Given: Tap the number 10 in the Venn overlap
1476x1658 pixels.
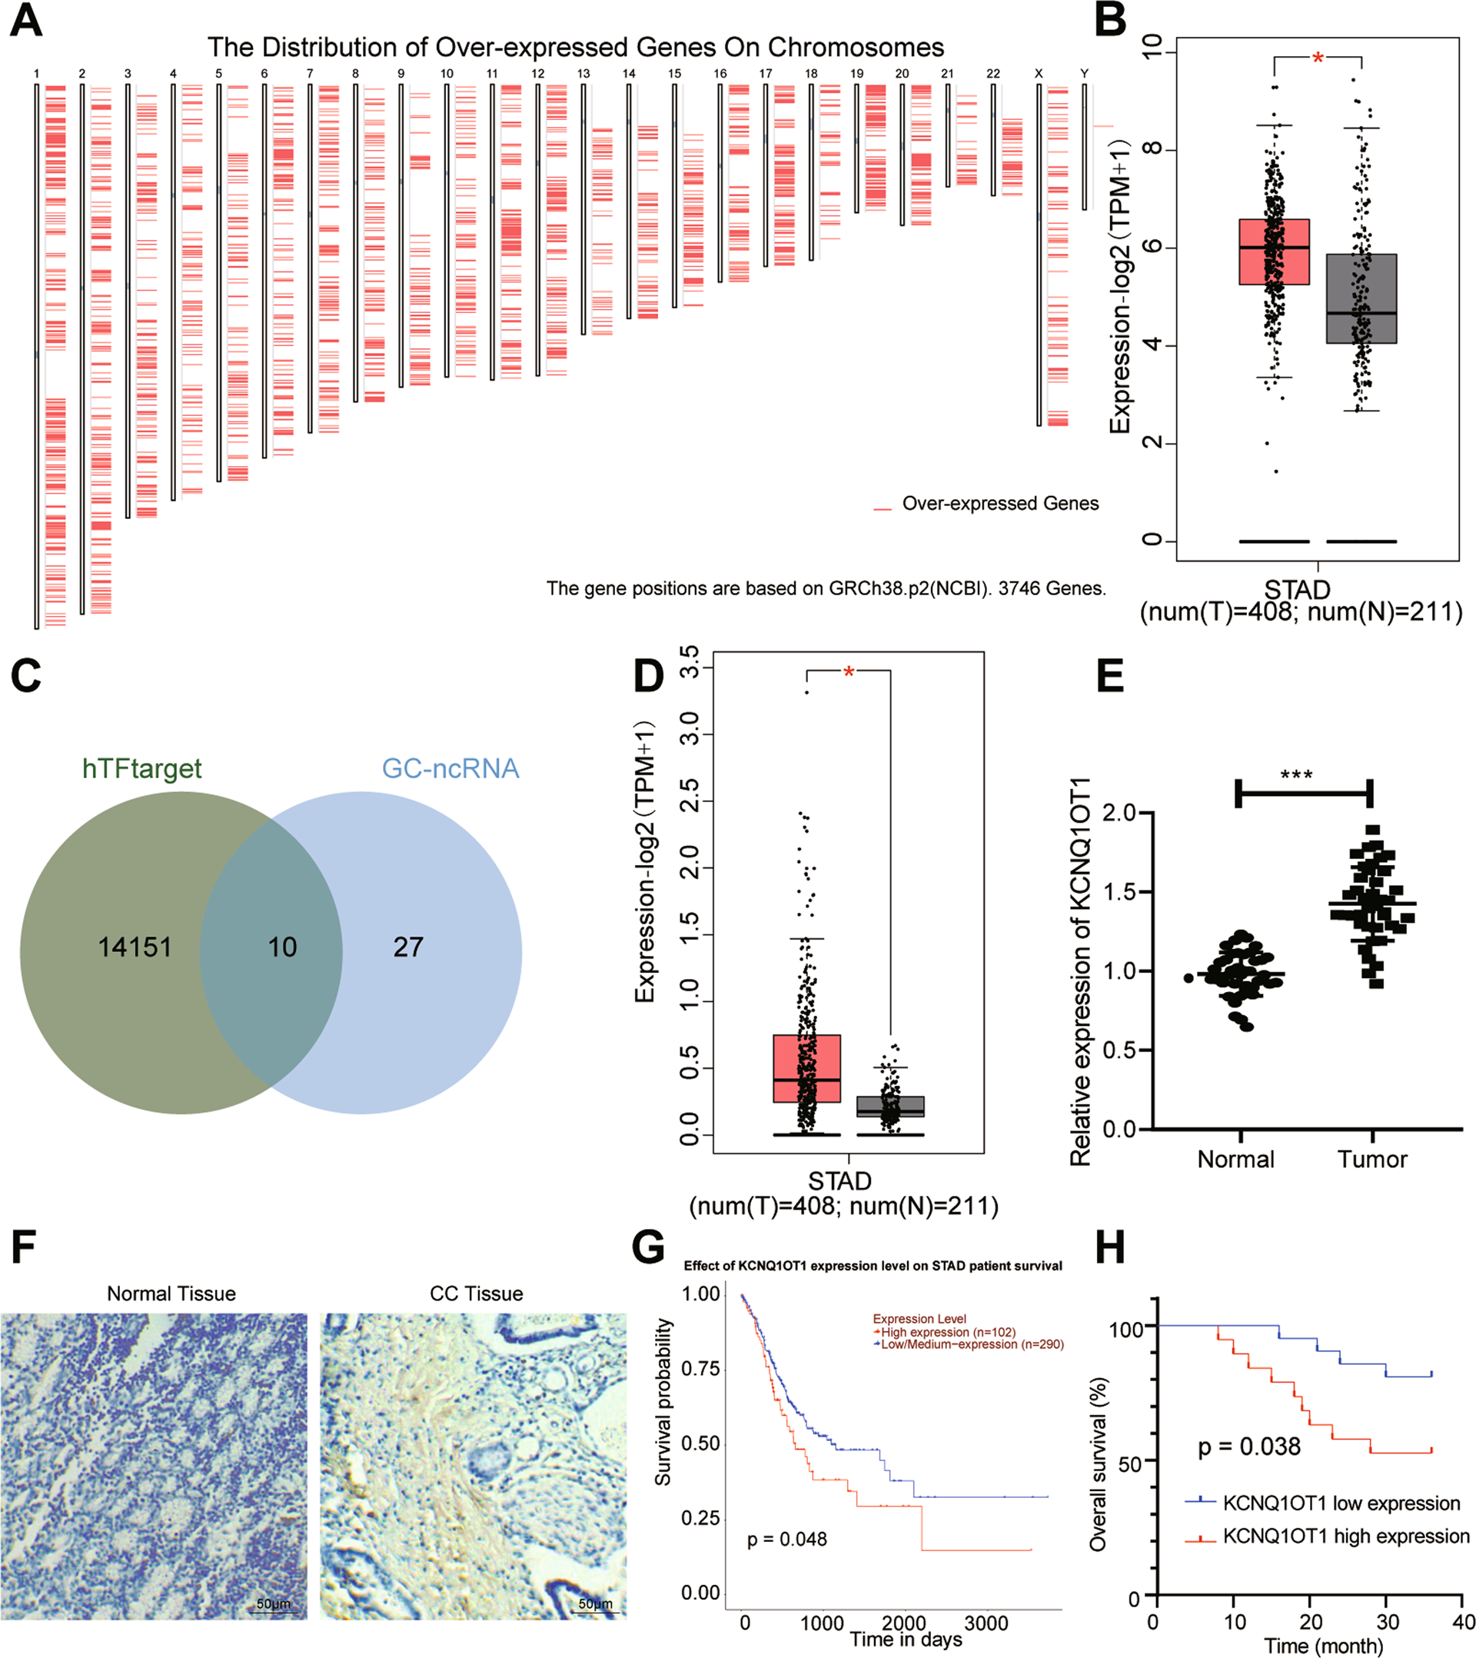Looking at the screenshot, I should [282, 947].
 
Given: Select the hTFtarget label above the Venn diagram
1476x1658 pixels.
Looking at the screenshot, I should [142, 768].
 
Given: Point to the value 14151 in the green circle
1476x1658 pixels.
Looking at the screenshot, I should [135, 947].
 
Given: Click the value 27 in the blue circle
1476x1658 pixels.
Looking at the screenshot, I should [408, 947].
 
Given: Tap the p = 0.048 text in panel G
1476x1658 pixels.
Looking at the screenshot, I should [786, 1539].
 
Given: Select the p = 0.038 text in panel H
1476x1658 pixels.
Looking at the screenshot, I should [1249, 1447].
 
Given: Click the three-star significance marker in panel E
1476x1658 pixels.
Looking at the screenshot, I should [1296, 775].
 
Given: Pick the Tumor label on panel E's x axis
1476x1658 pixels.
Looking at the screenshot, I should [1372, 1159].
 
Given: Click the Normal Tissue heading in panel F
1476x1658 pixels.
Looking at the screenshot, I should [171, 1293].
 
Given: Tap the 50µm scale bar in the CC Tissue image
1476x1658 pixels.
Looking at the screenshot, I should [595, 1603].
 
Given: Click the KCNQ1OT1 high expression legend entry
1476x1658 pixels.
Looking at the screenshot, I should [1345, 1536].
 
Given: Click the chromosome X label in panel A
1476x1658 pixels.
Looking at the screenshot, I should [1038, 74].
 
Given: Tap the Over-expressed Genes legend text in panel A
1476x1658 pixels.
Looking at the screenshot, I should [1000, 504].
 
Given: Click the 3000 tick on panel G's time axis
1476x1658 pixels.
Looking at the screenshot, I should [986, 1624].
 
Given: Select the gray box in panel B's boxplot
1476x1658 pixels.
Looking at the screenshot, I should [1361, 298].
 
